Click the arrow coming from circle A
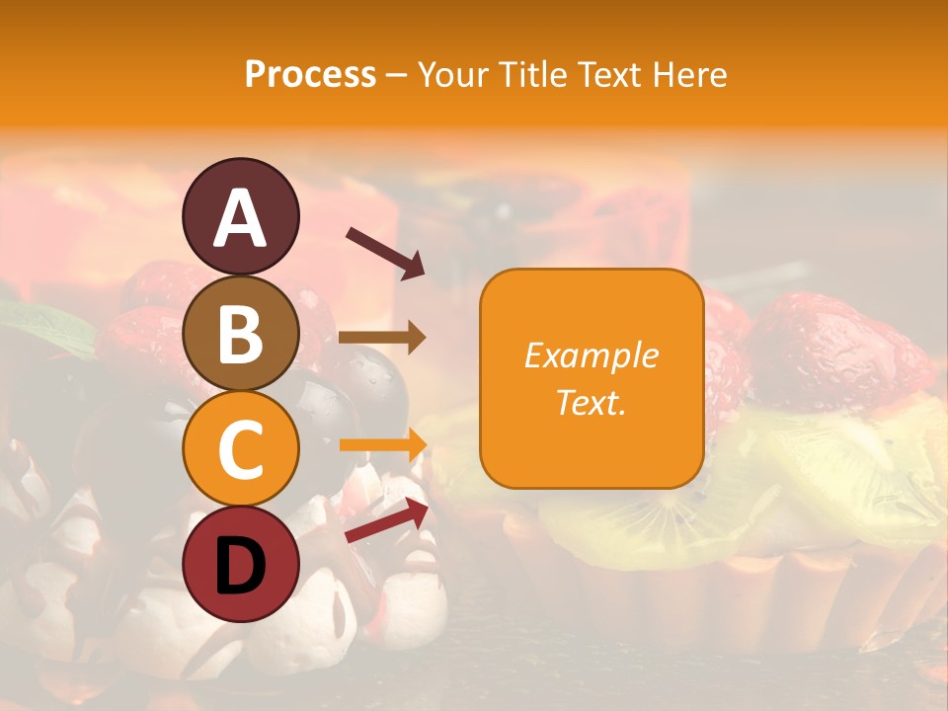click(x=385, y=253)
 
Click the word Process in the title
click(x=310, y=75)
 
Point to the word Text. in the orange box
click(x=591, y=402)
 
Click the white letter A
click(x=240, y=219)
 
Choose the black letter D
click(x=240, y=566)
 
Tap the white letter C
click(x=240, y=450)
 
